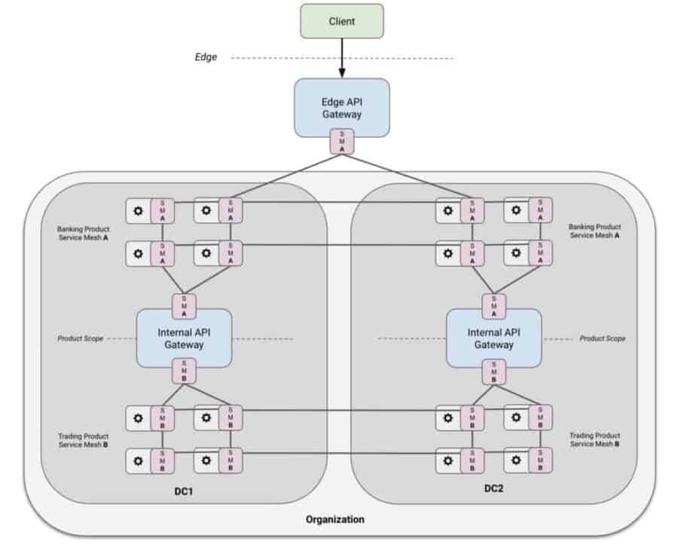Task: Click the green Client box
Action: coord(341,21)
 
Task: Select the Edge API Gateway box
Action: coord(341,107)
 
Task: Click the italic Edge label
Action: coord(206,57)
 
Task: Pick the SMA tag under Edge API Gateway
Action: coord(341,142)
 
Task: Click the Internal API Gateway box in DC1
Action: coord(183,338)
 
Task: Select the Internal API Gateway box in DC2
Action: coord(493,338)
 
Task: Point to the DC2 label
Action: coord(495,488)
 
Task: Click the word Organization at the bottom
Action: coord(335,519)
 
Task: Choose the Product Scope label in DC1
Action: coord(81,338)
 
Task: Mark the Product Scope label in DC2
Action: coord(602,338)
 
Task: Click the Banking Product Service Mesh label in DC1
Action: coord(83,231)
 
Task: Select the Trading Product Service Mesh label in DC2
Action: coord(595,439)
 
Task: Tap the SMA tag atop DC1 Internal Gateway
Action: coord(184,306)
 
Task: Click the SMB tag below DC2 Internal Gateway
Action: coord(494,370)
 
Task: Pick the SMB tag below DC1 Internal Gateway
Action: coord(184,370)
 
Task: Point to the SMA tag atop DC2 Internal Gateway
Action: coord(494,306)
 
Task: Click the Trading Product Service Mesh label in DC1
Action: coord(83,440)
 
